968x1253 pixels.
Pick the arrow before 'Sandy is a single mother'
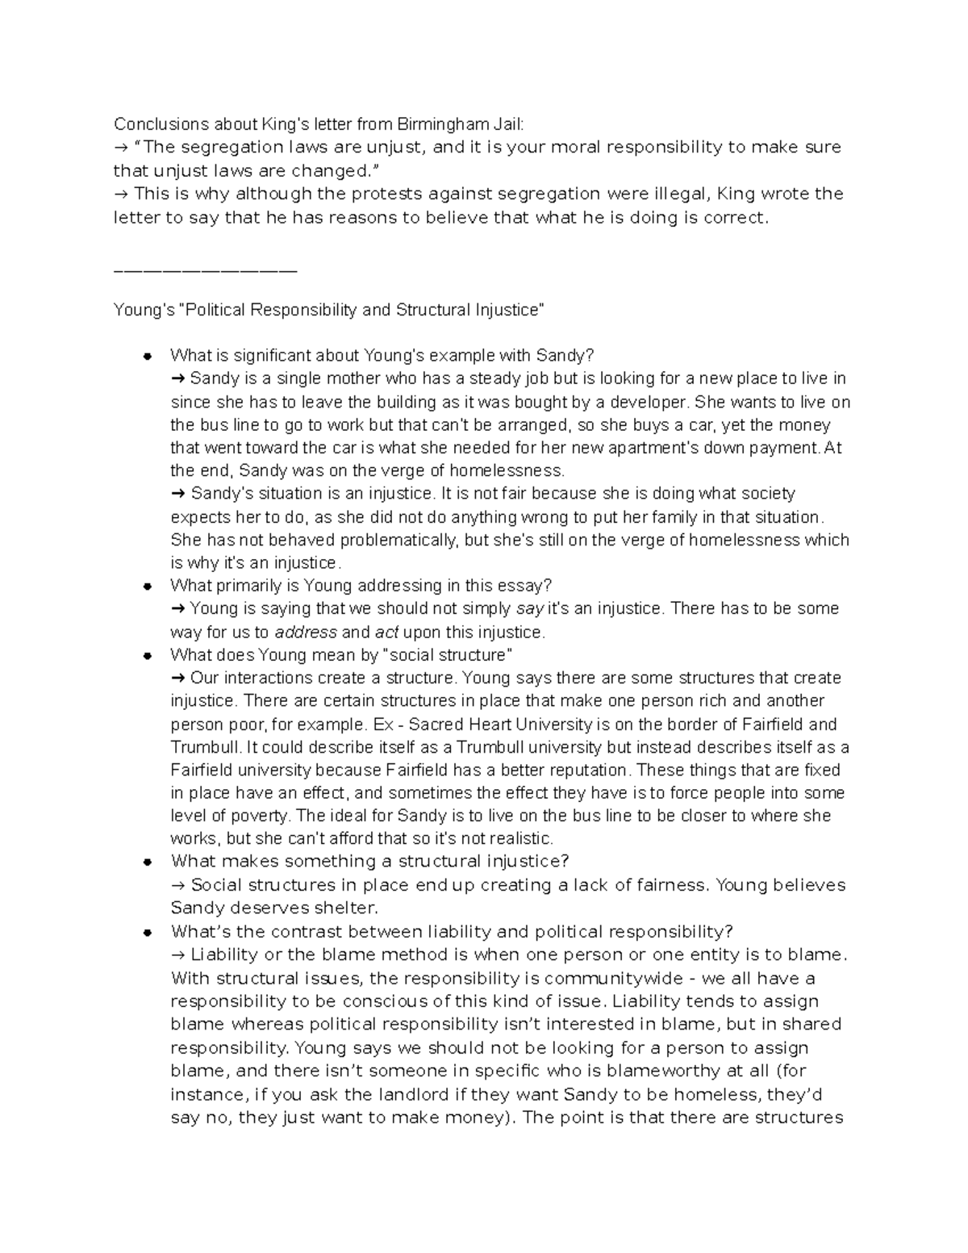[x=178, y=378]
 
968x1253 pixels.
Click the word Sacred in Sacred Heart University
[x=433, y=724]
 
